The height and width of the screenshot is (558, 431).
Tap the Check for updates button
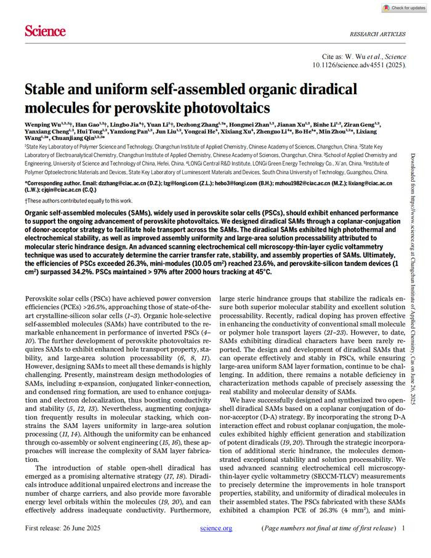(403, 8)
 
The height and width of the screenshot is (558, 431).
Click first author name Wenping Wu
(44, 125)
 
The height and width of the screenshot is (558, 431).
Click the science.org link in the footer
(216, 528)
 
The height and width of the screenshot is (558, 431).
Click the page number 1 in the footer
(403, 528)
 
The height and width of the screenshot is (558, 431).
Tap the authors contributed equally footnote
(79, 201)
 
